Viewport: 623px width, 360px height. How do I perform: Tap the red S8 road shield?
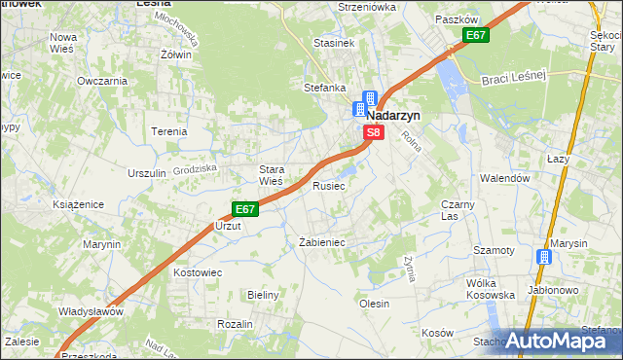pyautogui.click(x=372, y=131)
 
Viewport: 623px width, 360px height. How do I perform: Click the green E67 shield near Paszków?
pyautogui.click(x=475, y=36)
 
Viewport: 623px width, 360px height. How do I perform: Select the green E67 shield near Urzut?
pyautogui.click(x=244, y=208)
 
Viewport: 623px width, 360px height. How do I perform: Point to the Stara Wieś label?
pyautogui.click(x=271, y=174)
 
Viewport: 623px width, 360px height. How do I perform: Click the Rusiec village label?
pyautogui.click(x=328, y=185)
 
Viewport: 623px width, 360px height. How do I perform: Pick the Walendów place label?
pyautogui.click(x=504, y=179)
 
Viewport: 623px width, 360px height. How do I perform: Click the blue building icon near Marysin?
pyautogui.click(x=544, y=257)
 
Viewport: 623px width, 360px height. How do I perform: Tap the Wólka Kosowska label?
pyautogui.click(x=490, y=288)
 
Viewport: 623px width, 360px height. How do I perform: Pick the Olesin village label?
pyautogui.click(x=375, y=304)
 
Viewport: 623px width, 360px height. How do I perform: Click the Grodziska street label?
pyautogui.click(x=194, y=168)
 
